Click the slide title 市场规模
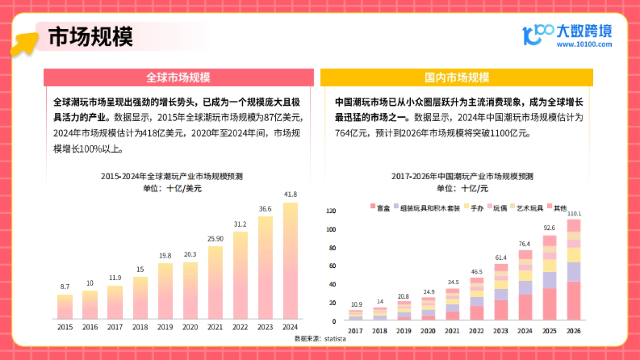(x=91, y=37)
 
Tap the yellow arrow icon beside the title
(x=24, y=43)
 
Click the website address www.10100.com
(x=584, y=45)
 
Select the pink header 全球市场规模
(x=178, y=78)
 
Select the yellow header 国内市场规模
(x=457, y=78)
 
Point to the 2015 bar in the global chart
(x=65, y=306)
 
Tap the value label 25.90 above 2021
(x=215, y=237)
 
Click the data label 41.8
(x=290, y=194)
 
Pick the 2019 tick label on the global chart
(x=165, y=327)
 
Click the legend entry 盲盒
(x=380, y=208)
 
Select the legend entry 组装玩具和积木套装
(x=427, y=208)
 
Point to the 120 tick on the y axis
(x=331, y=211)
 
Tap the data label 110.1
(x=573, y=214)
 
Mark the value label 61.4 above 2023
(x=501, y=258)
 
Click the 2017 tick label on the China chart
(x=355, y=331)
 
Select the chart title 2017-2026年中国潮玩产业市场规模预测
(x=462, y=176)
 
